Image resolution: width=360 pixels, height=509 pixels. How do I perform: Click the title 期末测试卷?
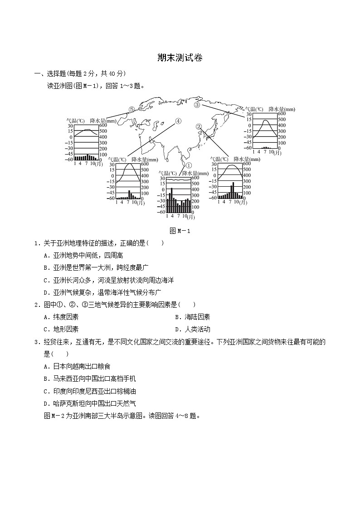coord(180,58)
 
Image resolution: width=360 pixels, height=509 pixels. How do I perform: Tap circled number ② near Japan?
coord(199,126)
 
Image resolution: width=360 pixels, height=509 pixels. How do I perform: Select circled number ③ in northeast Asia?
coord(197,105)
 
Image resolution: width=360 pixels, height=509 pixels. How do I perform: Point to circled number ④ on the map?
coord(178,121)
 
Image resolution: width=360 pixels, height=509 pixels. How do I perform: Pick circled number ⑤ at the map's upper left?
coord(131,109)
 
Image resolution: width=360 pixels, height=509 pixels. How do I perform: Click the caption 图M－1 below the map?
coord(180,231)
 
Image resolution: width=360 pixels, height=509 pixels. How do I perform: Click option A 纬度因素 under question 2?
coord(61,317)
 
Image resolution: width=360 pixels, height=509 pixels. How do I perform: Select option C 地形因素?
coord(61,329)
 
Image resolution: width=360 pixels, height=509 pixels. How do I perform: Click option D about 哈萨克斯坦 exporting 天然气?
coord(89,403)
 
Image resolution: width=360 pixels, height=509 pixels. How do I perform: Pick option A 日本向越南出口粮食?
coord(77,366)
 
